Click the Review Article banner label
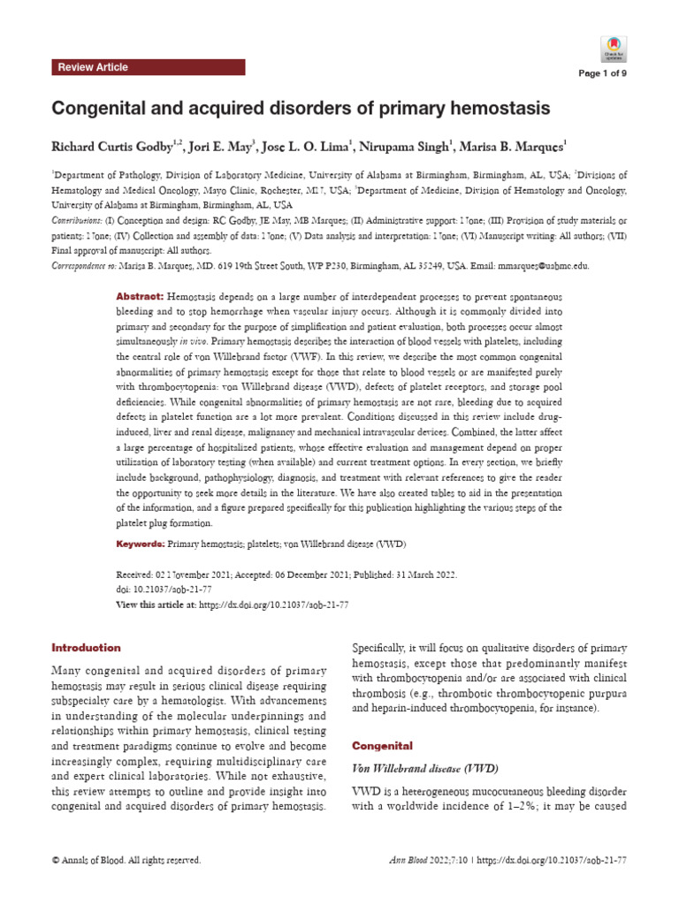point(93,67)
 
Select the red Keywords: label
point(141,544)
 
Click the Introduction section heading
point(86,648)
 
